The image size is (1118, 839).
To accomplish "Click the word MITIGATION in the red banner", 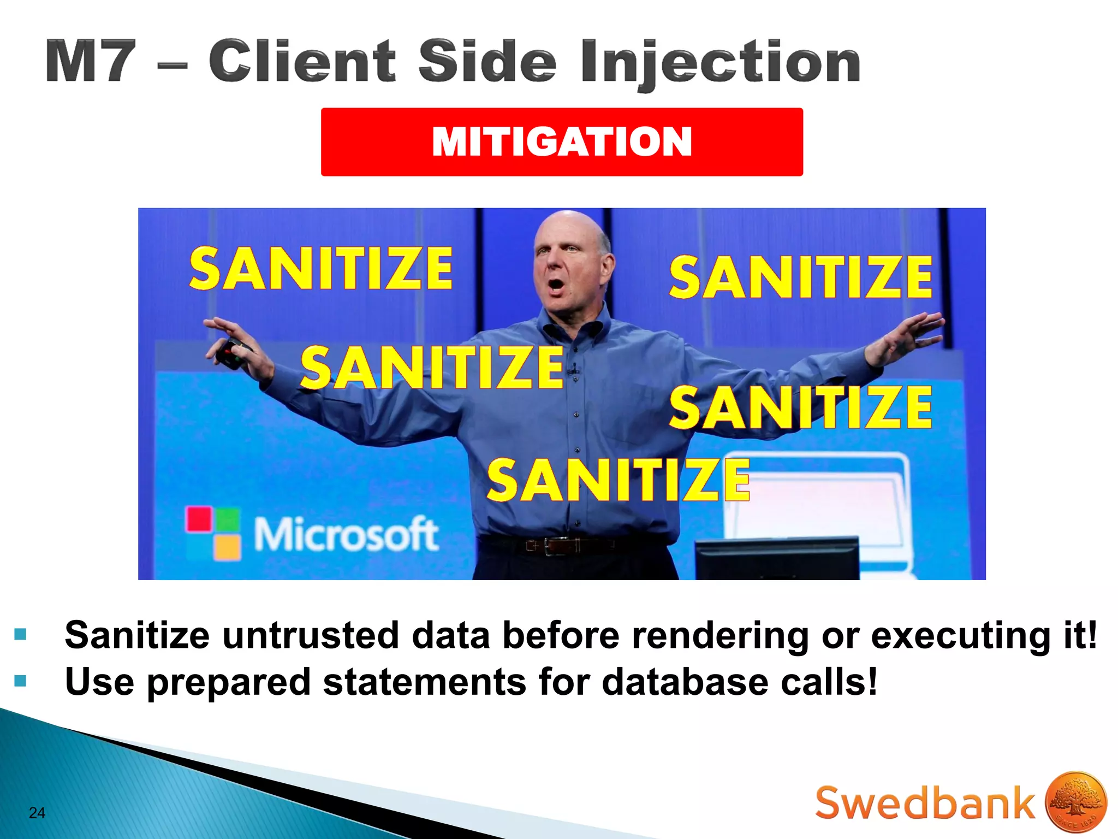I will click(562, 141).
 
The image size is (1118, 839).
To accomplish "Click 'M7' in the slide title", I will click(91, 61).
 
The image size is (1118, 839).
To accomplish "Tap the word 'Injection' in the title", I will click(721, 63).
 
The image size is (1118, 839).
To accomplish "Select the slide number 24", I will click(37, 813).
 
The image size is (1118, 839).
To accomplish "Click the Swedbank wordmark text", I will click(924, 803).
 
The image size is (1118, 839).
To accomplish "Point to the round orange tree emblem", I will click(1076, 802).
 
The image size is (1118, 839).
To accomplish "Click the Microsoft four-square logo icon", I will click(213, 533).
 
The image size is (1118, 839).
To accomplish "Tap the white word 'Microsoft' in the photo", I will click(346, 534).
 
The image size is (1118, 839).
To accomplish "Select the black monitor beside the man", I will click(777, 557).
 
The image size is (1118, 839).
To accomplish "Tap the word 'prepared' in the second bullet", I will click(228, 683).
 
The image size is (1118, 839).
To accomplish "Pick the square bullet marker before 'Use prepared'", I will click(20, 681).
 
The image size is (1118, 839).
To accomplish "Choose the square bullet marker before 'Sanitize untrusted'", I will click(20, 634).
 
